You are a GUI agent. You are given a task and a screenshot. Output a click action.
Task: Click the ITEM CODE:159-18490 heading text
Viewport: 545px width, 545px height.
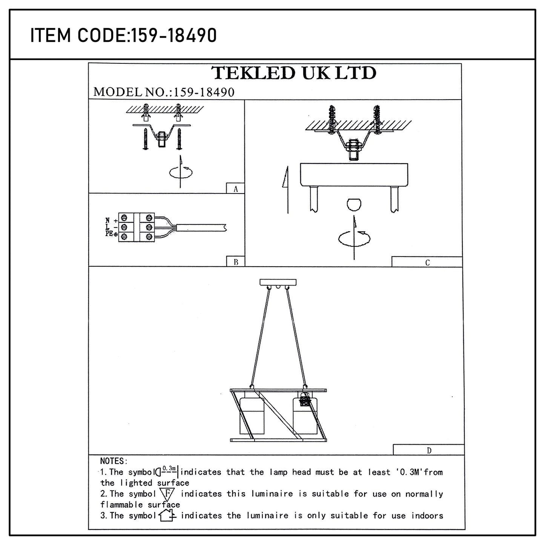(123, 35)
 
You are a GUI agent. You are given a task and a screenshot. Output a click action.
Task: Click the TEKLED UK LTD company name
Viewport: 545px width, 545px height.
(294, 73)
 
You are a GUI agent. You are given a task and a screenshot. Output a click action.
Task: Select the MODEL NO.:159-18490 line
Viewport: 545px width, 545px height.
(164, 92)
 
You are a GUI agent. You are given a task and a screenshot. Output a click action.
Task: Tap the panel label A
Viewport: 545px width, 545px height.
(236, 189)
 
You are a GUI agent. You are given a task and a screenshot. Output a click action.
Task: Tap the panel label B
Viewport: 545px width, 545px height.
(236, 262)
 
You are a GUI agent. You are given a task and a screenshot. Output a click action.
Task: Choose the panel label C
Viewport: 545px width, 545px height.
(427, 263)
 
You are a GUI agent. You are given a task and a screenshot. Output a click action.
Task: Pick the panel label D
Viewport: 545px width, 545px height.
(429, 450)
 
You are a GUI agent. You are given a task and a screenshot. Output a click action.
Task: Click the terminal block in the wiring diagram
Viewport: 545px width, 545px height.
(136, 227)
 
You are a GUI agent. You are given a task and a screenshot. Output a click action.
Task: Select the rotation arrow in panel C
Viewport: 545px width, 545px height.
(354, 238)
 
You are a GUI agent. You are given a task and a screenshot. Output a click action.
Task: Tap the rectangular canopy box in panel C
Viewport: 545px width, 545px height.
(354, 175)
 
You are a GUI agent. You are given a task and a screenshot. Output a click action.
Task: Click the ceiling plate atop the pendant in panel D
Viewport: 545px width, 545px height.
(278, 282)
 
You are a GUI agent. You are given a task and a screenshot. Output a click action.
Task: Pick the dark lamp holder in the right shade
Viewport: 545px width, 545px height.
(305, 401)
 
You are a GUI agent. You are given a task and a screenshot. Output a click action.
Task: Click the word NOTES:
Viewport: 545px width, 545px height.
(114, 461)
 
